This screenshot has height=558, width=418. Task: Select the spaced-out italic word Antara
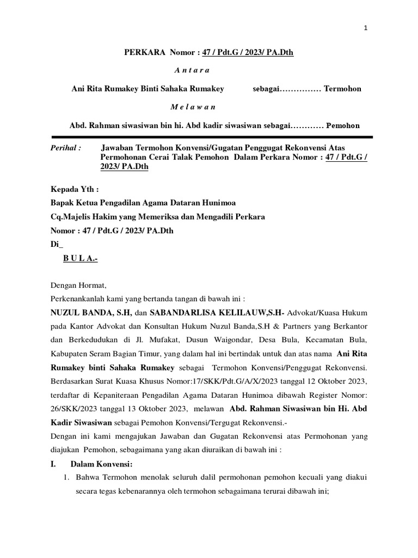(x=192, y=70)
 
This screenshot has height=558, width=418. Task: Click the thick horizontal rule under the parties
(x=212, y=136)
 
